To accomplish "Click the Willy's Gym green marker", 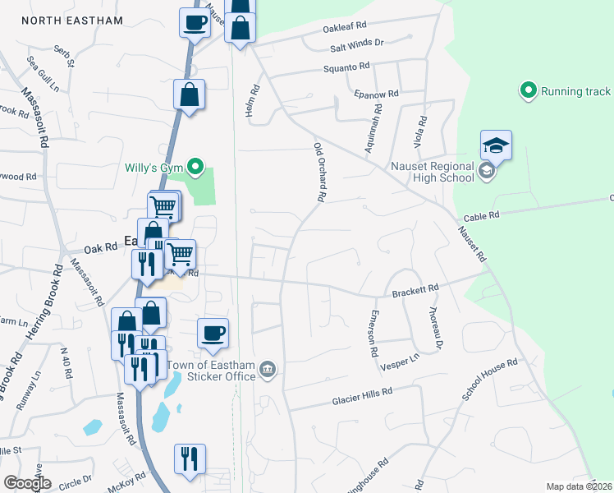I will (195, 168).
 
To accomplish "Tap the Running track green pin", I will (529, 90).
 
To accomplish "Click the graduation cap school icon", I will (496, 145).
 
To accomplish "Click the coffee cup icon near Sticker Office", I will (213, 334).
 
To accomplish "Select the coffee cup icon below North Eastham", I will (195, 23).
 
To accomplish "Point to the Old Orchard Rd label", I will (320, 173).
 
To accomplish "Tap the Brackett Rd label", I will (415, 290).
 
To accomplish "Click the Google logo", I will (27, 484).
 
